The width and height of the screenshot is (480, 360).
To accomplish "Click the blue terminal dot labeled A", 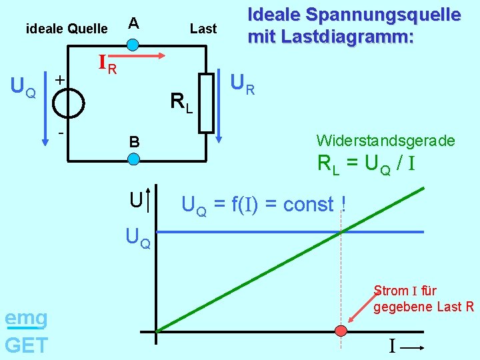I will click(x=133, y=45).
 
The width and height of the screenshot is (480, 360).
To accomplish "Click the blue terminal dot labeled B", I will click(x=133, y=159).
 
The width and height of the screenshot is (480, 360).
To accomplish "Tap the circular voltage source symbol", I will click(x=69, y=103).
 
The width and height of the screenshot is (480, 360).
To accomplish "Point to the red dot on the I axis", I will click(x=341, y=331).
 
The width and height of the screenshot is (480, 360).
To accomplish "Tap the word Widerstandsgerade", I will click(x=385, y=141).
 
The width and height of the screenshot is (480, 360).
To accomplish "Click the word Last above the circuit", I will click(x=203, y=29).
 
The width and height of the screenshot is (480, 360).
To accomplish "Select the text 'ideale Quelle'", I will click(x=66, y=29).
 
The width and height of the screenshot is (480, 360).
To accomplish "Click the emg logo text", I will click(x=26, y=319).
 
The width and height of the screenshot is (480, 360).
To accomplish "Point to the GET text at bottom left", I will click(x=26, y=345).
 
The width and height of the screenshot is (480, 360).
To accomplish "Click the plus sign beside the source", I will click(x=59, y=79).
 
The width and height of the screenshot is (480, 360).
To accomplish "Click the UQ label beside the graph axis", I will click(x=138, y=237).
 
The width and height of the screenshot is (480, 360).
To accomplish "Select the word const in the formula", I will click(x=308, y=204).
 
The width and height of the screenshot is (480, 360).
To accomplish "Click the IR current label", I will click(x=107, y=64).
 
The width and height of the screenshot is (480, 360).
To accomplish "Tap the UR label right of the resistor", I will click(x=242, y=84).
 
